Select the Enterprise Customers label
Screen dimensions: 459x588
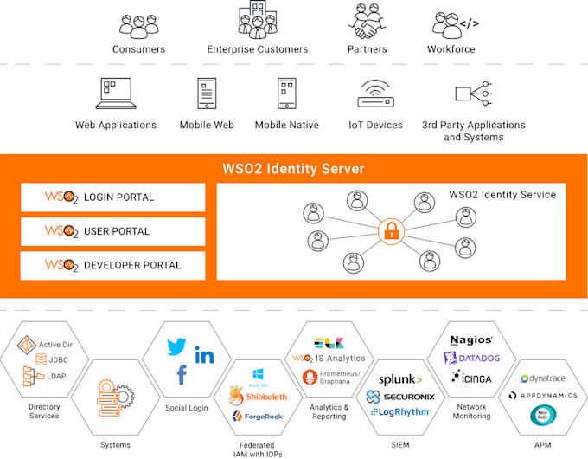coord(257,49)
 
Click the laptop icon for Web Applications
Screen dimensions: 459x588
coord(115,94)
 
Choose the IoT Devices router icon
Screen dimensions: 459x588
coord(375,94)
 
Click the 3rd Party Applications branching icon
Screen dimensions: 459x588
coord(473,94)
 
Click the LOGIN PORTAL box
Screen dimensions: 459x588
coord(113,197)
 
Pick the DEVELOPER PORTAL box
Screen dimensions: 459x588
coord(113,265)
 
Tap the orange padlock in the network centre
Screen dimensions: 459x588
coord(391,231)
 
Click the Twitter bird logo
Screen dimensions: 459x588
coord(178,346)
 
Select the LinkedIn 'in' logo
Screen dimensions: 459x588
coord(205,355)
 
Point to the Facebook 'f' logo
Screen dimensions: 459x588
coord(182,375)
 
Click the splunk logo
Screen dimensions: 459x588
coord(400,379)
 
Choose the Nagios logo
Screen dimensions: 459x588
coord(472,340)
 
